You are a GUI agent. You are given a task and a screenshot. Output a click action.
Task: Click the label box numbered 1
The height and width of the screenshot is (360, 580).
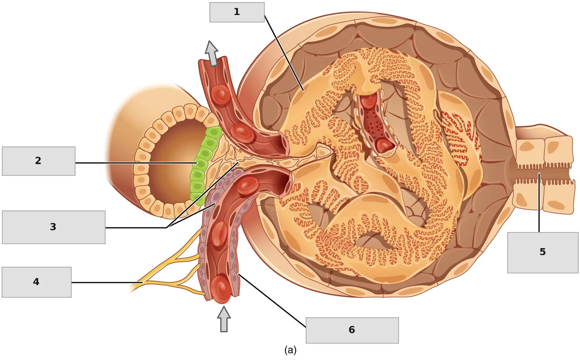(x=237, y=12)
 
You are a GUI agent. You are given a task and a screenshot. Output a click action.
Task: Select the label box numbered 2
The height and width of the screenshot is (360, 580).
(x=39, y=161)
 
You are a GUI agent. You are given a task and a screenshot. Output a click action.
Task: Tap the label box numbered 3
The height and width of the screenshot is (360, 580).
(x=54, y=227)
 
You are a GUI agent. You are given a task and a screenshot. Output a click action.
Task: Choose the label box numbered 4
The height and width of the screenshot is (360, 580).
(x=36, y=282)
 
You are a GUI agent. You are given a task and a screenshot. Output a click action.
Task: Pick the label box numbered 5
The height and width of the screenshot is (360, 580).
(x=543, y=253)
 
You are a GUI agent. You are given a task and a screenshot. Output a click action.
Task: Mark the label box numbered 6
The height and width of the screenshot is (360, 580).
(x=352, y=330)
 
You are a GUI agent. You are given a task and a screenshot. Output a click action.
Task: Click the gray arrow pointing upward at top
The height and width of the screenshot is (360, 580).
(x=212, y=53)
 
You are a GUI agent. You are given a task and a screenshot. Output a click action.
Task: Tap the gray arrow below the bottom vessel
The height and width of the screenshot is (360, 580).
(x=224, y=319)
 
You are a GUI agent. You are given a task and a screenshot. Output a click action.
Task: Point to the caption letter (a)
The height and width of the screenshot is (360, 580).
(x=290, y=350)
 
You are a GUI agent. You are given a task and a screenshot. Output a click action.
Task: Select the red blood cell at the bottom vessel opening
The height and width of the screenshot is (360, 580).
(x=221, y=289)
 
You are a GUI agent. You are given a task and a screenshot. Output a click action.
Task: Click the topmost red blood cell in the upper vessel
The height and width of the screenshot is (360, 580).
(x=220, y=94)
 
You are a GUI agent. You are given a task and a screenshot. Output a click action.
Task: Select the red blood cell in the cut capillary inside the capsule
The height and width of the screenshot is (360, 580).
(x=385, y=145)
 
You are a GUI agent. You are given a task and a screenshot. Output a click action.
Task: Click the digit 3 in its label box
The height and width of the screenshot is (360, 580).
(x=53, y=227)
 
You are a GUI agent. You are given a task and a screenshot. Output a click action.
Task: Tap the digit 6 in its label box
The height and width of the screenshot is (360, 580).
(x=351, y=330)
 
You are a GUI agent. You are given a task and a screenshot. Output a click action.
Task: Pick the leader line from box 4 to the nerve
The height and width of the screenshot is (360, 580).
(x=107, y=282)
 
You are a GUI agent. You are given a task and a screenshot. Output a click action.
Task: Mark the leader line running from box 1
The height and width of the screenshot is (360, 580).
(x=284, y=53)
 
